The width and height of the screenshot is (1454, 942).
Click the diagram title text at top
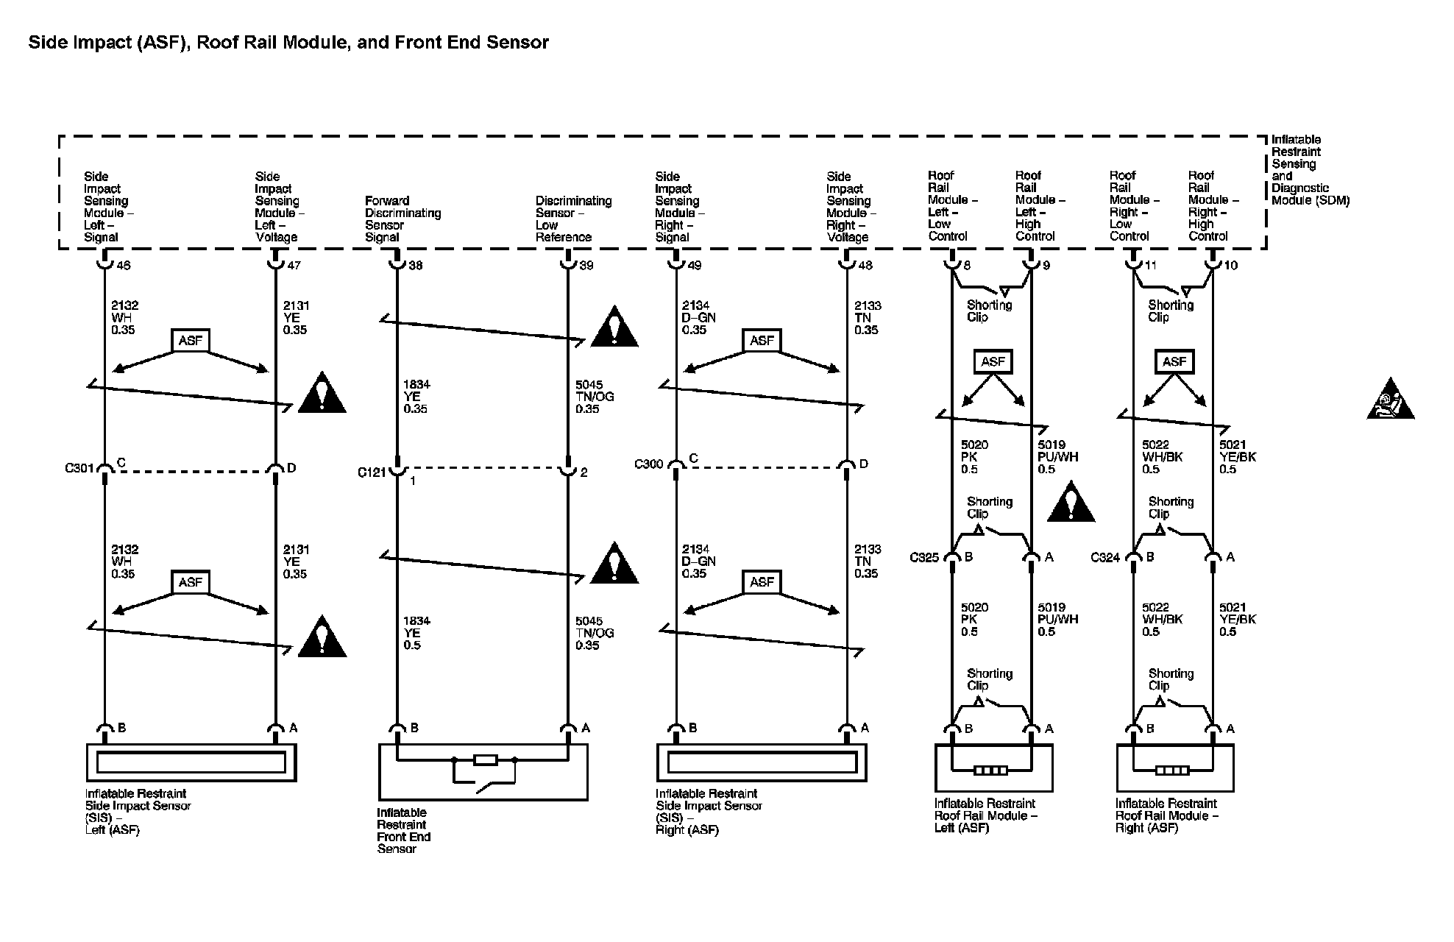coord(288,43)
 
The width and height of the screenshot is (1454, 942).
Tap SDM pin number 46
coord(124,266)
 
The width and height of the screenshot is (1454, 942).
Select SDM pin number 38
coord(416,266)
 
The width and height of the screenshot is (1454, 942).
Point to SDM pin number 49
coord(695,266)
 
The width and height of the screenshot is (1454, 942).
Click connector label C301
coord(79,468)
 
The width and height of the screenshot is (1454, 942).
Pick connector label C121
coord(372,472)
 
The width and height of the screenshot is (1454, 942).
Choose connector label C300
coord(648,464)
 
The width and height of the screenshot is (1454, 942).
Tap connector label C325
coord(924,558)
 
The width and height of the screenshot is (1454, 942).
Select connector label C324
coord(1105,558)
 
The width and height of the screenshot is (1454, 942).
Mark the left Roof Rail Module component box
coord(993,768)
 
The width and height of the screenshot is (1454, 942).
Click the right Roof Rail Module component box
coord(1174,768)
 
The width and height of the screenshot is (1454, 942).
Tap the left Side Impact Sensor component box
coord(191,762)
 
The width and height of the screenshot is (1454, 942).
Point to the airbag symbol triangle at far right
coord(1390,401)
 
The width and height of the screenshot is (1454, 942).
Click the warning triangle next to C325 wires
coord(1071,503)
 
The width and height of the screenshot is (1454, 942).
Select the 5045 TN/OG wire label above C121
coord(595,397)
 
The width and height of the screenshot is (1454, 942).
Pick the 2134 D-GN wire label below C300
coord(698,562)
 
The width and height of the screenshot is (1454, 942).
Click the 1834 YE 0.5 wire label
coord(416,633)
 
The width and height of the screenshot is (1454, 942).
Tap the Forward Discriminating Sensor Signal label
coord(402,219)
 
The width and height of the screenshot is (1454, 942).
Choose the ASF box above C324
coord(1174,361)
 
